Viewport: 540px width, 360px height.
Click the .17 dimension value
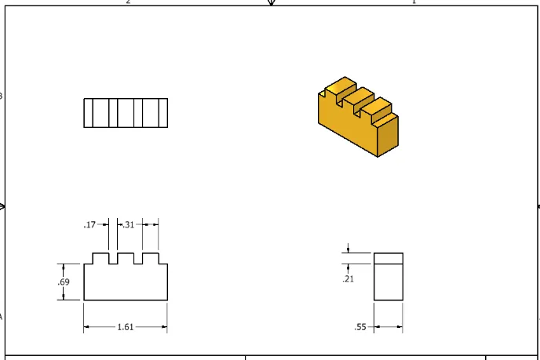[x=89, y=225]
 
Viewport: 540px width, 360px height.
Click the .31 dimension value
[x=129, y=225]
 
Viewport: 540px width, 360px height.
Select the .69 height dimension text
[x=64, y=282]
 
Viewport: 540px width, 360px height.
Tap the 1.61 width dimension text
[x=126, y=327]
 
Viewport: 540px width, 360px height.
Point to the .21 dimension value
[x=348, y=278]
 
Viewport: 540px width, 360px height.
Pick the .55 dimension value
[x=360, y=327]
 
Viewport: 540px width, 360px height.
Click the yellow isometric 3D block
[x=358, y=117]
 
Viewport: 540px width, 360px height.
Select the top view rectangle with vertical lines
[x=126, y=113]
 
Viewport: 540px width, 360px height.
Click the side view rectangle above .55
[x=389, y=277]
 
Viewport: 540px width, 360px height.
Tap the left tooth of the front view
[x=101, y=259]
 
